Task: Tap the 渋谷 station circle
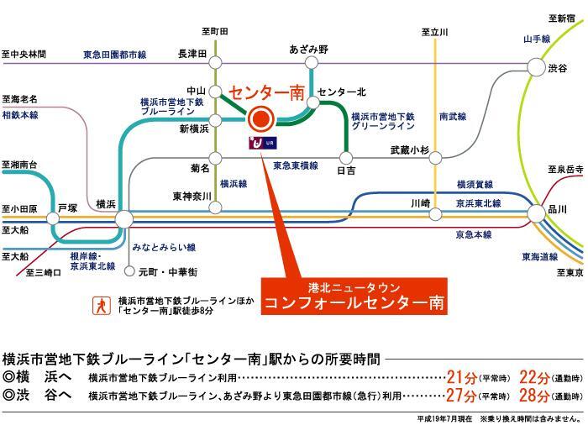pos(536,66)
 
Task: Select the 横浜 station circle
pos(123,219)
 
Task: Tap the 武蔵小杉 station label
pos(410,150)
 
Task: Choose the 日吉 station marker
pos(345,156)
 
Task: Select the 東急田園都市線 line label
pos(114,55)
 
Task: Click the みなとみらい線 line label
pos(164,248)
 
